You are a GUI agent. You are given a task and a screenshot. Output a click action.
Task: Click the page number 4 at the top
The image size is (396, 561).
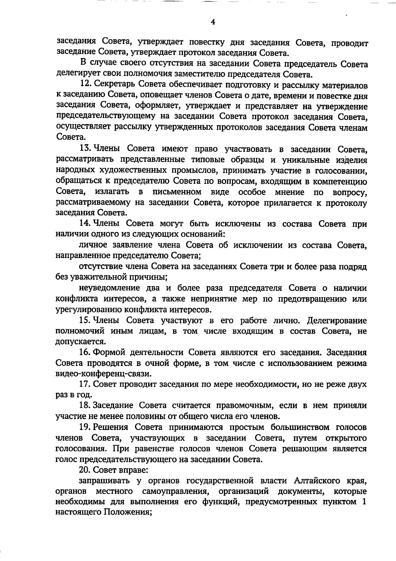(x=213, y=22)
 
